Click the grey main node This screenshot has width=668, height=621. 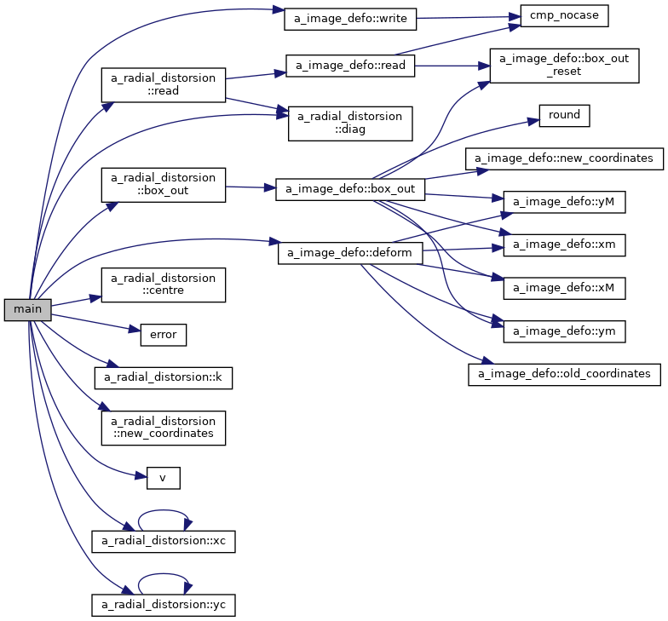(27, 310)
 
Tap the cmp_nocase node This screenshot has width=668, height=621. (558, 16)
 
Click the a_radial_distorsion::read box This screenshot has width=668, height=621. (164, 83)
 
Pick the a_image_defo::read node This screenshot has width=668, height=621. (350, 66)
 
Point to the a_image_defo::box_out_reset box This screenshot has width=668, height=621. (563, 66)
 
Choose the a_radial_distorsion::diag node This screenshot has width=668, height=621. (350, 124)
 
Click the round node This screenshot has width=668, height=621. (564, 116)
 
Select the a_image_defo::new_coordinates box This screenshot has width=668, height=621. (564, 158)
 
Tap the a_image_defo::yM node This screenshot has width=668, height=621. (564, 202)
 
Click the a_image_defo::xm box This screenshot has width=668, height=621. (564, 245)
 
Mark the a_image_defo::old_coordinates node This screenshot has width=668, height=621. (564, 374)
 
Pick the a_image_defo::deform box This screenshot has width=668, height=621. (350, 253)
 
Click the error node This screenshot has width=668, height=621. (163, 335)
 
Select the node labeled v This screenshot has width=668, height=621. (163, 478)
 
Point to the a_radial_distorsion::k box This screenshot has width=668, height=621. (163, 376)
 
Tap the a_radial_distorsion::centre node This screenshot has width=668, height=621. (164, 285)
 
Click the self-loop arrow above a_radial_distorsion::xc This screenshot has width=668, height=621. (164, 513)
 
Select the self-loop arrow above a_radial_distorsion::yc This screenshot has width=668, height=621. (164, 575)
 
